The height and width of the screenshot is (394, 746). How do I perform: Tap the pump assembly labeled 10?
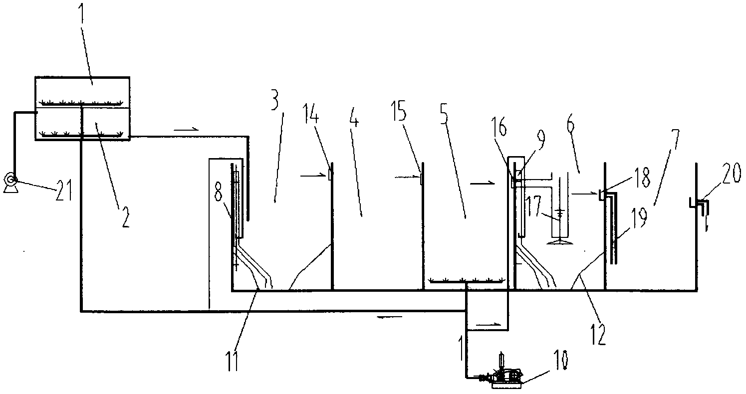[505, 378]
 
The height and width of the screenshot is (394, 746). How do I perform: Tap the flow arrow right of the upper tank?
[186, 130]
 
